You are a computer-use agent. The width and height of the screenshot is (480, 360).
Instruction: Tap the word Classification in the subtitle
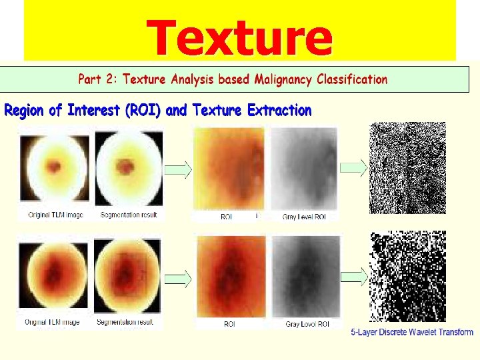(351, 79)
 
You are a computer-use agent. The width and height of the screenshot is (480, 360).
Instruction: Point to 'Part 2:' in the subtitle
(99, 79)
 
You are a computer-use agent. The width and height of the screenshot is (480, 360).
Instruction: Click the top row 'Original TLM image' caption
(55, 215)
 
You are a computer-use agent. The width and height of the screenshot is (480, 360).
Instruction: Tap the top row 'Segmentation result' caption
(129, 215)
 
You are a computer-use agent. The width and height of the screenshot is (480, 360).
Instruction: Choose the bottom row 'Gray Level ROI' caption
(307, 324)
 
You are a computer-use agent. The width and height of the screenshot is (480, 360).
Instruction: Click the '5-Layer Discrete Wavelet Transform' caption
(412, 332)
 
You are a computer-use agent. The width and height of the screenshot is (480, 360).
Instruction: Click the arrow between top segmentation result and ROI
(177, 171)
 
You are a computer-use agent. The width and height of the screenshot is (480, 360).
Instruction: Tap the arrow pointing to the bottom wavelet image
(353, 275)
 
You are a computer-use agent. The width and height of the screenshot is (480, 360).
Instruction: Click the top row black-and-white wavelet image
(407, 167)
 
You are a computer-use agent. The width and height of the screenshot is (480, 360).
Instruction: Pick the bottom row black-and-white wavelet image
(407, 276)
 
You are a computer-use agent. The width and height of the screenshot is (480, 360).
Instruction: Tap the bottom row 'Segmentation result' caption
(125, 322)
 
